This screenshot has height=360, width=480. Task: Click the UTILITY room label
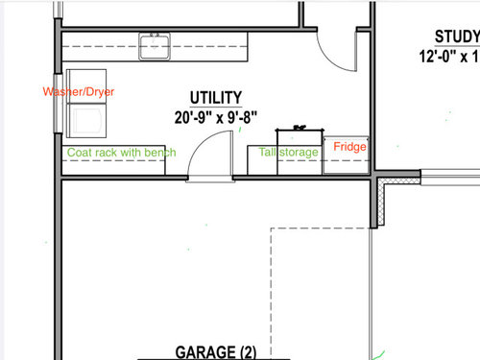216,98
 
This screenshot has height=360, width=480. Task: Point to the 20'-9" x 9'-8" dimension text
216,117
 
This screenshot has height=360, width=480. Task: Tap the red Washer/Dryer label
79,92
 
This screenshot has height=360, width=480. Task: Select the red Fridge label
349,147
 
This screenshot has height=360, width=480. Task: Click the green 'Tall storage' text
288,153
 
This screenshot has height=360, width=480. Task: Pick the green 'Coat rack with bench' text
122,153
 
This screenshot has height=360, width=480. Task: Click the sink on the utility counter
155,46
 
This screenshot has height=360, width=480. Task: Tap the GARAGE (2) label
216,352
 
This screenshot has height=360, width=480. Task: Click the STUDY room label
457,36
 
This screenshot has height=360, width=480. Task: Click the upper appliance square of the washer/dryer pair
86,86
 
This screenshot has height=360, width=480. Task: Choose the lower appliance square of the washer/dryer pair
86,120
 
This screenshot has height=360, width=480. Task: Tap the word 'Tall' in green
267,152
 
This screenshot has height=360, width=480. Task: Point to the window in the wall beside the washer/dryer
58,104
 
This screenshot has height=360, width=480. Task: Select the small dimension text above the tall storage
300,128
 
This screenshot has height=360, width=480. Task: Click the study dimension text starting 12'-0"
449,57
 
